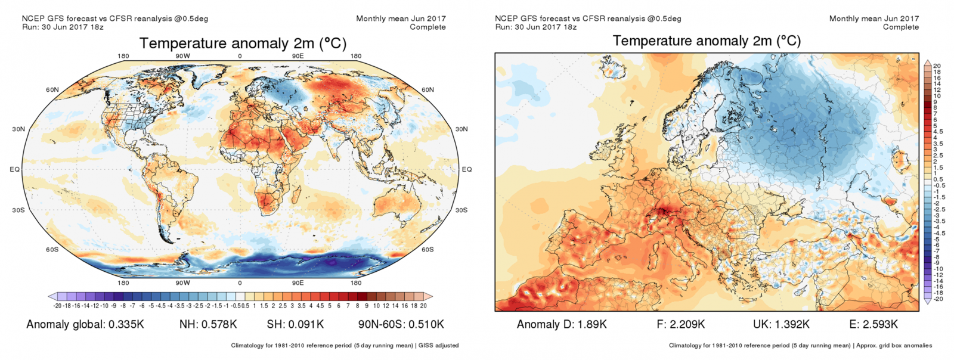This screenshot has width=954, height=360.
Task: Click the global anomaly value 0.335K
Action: (x=126, y=324)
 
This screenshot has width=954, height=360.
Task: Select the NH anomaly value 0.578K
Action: (x=218, y=324)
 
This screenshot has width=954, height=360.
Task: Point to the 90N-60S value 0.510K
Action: (x=424, y=324)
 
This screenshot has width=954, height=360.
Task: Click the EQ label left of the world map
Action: (x=15, y=169)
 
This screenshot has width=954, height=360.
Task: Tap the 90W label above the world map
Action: (x=182, y=57)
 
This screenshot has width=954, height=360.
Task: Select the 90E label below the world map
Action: (x=298, y=283)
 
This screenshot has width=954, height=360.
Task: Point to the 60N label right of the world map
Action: (x=428, y=90)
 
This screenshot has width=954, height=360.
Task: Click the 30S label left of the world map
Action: (x=18, y=210)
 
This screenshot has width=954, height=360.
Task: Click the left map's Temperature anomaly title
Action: (x=243, y=44)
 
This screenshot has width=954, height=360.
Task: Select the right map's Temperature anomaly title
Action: (x=707, y=41)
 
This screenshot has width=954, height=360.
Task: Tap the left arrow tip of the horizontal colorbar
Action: (x=50, y=296)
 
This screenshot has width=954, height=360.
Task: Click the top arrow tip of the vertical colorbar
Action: (x=927, y=61)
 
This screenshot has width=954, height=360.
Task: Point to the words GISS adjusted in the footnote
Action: (x=439, y=345)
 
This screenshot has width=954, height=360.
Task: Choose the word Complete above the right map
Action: (x=901, y=27)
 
